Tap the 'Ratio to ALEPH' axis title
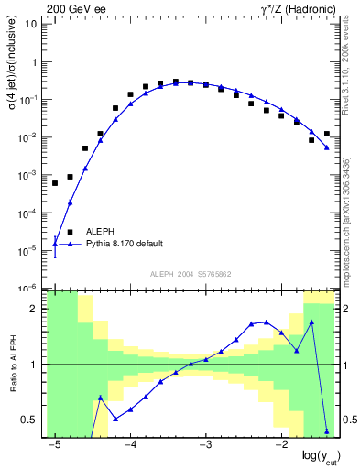point(13,364)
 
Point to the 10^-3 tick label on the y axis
point(29,175)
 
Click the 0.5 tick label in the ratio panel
point(29,420)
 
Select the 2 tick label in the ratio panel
point(34,309)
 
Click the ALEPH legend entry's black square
point(70,232)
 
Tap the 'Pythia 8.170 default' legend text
point(125,244)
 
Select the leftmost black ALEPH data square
point(55,183)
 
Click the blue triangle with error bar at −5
point(55,245)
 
